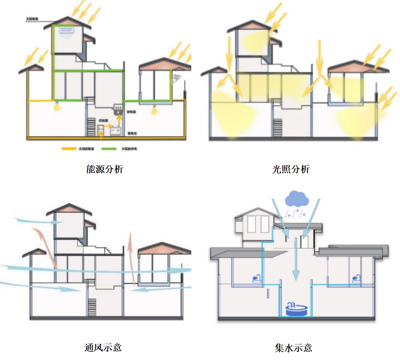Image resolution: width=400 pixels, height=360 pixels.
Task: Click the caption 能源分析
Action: [x=104, y=169]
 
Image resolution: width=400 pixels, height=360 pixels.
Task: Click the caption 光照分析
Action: [x=291, y=169]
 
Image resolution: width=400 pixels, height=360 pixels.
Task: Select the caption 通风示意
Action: [x=103, y=347]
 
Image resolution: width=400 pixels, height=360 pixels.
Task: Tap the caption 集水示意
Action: [x=293, y=347]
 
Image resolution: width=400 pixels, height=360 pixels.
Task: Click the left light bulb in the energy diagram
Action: [x=57, y=107]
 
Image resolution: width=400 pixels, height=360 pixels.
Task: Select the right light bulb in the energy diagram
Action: [x=154, y=110]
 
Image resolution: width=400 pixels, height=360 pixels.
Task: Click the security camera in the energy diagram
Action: [x=176, y=79]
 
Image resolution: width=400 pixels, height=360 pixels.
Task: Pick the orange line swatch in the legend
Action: [x=69, y=149]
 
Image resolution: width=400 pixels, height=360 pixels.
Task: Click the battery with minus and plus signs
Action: [x=115, y=131]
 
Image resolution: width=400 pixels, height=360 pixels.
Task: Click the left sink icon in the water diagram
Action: [x=257, y=279]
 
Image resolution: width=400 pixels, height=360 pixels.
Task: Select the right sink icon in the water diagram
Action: [x=356, y=278]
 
